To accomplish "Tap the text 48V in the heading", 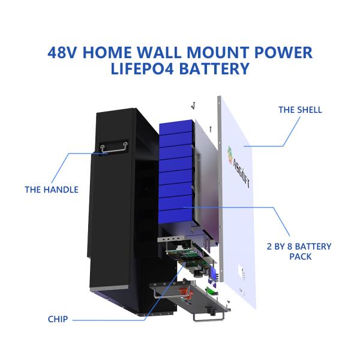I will click(64, 52).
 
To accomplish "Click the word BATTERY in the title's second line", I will click(214, 68).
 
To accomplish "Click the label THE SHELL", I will click(300, 110).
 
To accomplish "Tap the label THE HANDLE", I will click(52, 190).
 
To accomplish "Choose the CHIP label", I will click(58, 319).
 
